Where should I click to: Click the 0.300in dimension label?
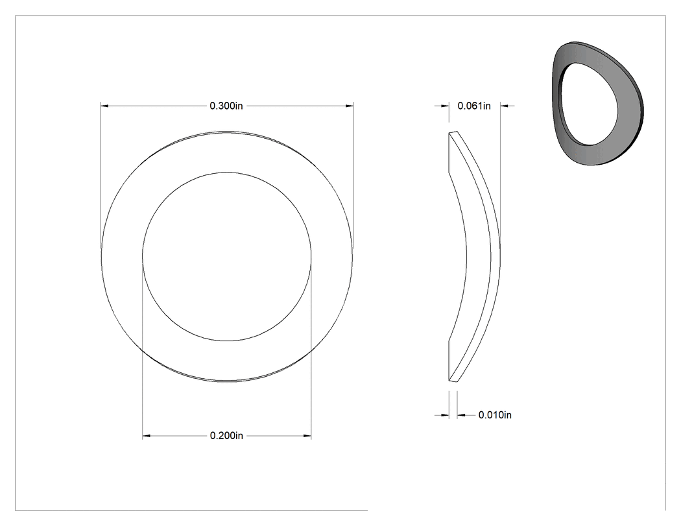(226, 106)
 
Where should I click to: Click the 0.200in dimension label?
(226, 436)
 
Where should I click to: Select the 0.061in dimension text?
(474, 106)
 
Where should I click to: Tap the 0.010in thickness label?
(495, 415)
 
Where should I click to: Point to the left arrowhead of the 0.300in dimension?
(104, 106)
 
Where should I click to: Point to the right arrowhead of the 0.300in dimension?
(350, 106)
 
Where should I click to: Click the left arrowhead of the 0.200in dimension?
(147, 436)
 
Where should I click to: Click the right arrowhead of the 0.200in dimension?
(307, 436)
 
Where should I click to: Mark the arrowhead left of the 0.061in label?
(445, 106)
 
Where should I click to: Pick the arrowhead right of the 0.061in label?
(504, 106)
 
